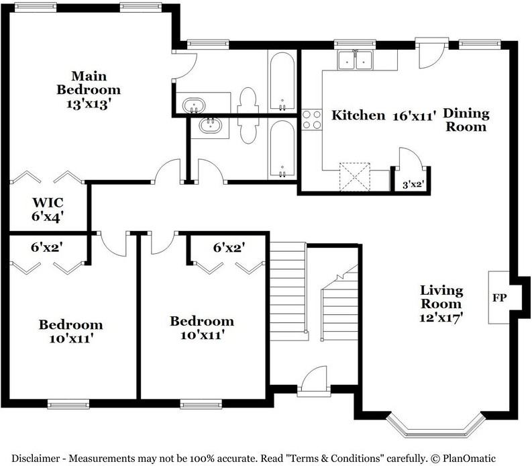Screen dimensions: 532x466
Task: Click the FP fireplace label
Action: pyautogui.click(x=499, y=298)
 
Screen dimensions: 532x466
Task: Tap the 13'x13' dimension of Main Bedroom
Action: pyautogui.click(x=89, y=103)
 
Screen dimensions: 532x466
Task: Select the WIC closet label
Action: pyautogui.click(x=48, y=202)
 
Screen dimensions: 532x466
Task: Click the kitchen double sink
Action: pyautogui.click(x=355, y=60)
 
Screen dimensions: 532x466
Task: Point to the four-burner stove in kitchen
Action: pyautogui.click(x=312, y=120)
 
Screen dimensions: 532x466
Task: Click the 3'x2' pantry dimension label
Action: pyautogui.click(x=413, y=185)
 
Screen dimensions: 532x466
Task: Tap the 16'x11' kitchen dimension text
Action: pyautogui.click(x=414, y=116)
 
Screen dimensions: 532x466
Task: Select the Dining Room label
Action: pyautogui.click(x=466, y=120)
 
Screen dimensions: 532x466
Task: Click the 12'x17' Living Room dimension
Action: pyautogui.click(x=441, y=318)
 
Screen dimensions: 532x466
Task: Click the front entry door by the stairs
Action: pyautogui.click(x=314, y=381)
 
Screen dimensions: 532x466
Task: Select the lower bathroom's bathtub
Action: pyautogui.click(x=282, y=149)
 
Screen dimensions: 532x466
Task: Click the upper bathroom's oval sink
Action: pyautogui.click(x=193, y=105)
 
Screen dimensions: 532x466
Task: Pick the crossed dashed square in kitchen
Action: pyautogui.click(x=354, y=177)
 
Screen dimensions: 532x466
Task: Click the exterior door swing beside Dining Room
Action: pyautogui.click(x=429, y=54)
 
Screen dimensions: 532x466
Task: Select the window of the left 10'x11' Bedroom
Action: pyautogui.click(x=68, y=404)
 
